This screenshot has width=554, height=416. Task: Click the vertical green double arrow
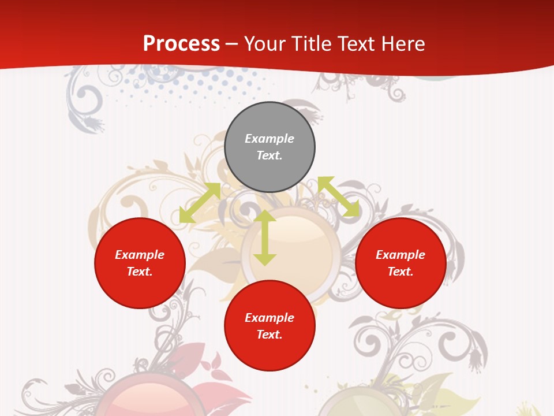265,237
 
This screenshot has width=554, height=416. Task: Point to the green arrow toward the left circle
200,203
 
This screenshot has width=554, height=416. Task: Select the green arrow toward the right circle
338,197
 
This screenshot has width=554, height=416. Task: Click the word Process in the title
181,43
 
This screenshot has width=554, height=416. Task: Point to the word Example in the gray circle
269,139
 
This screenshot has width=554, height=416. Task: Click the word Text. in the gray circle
269,155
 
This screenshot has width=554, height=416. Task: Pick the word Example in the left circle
140,255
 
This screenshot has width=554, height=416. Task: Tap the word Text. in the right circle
400,272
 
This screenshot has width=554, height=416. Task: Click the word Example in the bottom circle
269,318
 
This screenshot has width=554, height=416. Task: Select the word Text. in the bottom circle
269,335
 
